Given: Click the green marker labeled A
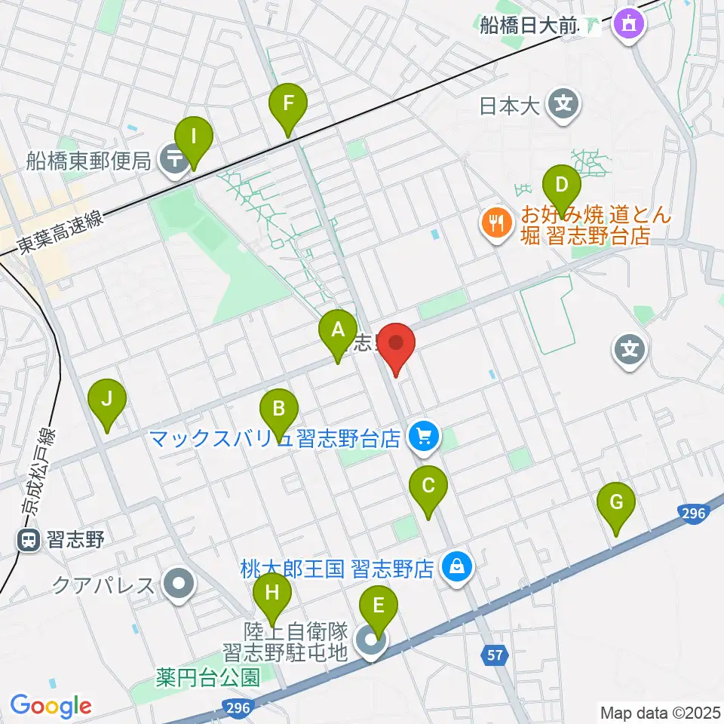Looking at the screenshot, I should (x=337, y=329).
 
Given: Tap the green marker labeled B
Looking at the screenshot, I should (x=278, y=410).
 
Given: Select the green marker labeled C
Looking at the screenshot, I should (x=428, y=485).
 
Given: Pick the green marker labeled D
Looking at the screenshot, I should (x=561, y=185).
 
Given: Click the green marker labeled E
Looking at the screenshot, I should (x=378, y=605).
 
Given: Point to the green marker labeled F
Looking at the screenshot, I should (x=288, y=103).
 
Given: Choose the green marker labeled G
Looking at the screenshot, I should (x=616, y=502).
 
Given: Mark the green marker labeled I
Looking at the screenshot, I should (x=194, y=137).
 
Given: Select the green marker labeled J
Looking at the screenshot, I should (x=107, y=397).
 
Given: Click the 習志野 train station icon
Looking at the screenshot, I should (x=29, y=539).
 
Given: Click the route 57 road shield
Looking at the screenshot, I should (x=493, y=656).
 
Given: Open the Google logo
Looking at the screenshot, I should (x=51, y=706).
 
